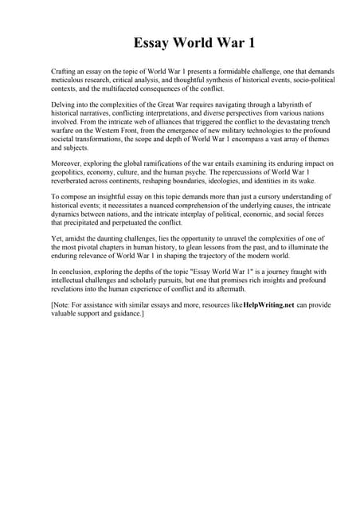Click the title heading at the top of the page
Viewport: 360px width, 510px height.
click(x=179, y=42)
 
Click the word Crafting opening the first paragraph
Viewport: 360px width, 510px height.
click(x=65, y=72)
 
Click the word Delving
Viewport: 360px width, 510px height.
click(x=65, y=104)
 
